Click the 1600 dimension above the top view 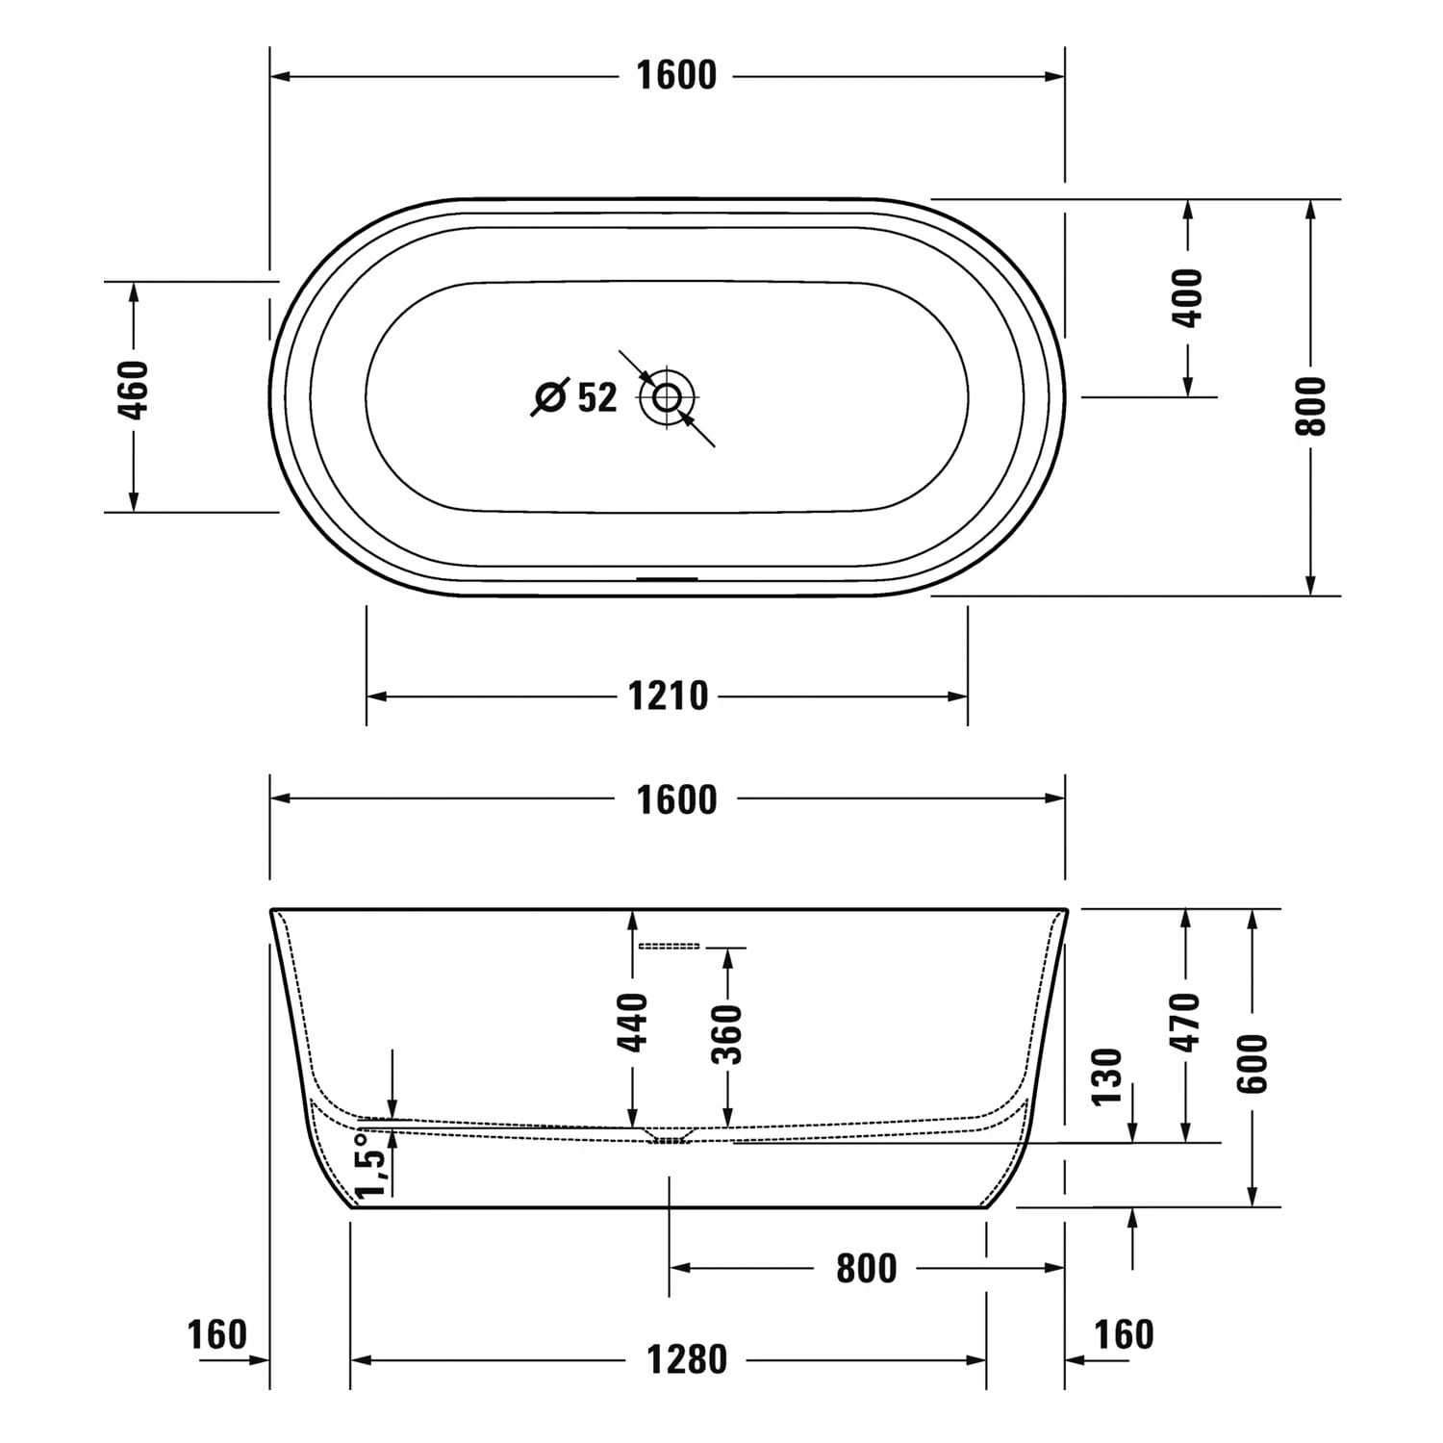pyautogui.click(x=676, y=75)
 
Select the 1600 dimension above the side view pyautogui.click(x=676, y=799)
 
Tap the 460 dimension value pyautogui.click(x=135, y=390)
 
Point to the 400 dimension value pyautogui.click(x=1189, y=298)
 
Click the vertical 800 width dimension pyautogui.click(x=1310, y=405)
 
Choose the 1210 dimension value pyautogui.click(x=668, y=696)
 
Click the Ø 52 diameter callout pyautogui.click(x=575, y=395)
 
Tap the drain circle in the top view pyautogui.click(x=668, y=395)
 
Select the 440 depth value pyautogui.click(x=632, y=1022)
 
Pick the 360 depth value pyautogui.click(x=728, y=1034)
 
